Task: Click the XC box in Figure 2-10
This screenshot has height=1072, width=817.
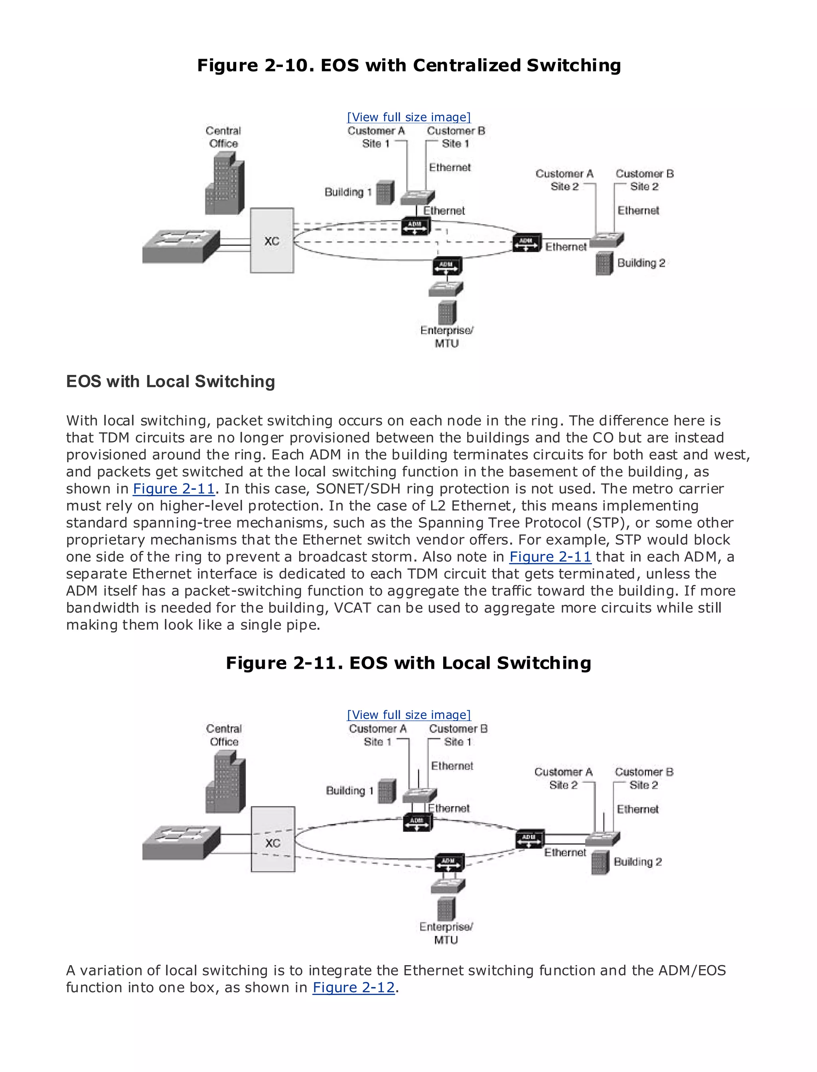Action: coord(272,240)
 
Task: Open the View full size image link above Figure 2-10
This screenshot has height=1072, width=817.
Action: coord(408,117)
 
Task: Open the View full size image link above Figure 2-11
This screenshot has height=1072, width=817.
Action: coord(408,715)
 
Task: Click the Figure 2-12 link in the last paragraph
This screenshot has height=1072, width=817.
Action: coord(353,987)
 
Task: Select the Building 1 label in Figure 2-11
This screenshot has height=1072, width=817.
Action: coord(349,790)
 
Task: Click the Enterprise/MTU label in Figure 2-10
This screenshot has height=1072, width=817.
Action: coord(446,337)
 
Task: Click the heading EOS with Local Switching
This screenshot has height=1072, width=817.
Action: coord(170,382)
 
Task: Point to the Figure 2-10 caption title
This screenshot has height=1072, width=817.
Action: coord(408,65)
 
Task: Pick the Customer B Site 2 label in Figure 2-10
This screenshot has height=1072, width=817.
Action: coord(644,180)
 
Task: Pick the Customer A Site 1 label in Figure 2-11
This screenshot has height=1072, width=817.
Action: coord(377,735)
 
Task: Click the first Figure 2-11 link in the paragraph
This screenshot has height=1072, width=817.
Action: coord(174,489)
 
